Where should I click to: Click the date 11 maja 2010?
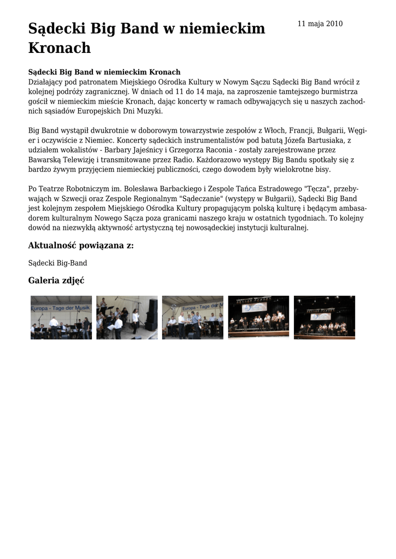pyautogui.click(x=320, y=23)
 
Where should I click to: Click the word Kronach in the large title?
pyautogui.click(x=60, y=48)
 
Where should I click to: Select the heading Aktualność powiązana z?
pyautogui.click(x=81, y=245)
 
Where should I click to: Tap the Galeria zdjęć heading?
pyautogui.click(x=56, y=281)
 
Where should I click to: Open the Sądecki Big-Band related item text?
pyautogui.click(x=57, y=263)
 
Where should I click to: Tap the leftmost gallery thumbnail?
pyautogui.click(x=61, y=318)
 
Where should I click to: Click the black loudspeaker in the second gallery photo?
pyautogui.click(x=151, y=315)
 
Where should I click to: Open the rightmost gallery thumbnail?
pyautogui.click(x=324, y=318)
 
